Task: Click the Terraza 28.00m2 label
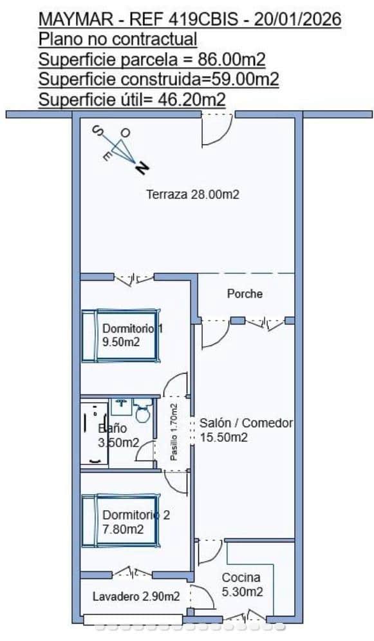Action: tap(192, 194)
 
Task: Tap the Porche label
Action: tap(245, 294)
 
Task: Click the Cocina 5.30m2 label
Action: tap(241, 584)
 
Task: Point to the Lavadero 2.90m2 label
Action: tap(135, 597)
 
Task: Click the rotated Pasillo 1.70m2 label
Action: tap(174, 432)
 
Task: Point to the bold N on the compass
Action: tap(142, 169)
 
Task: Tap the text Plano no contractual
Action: tap(118, 40)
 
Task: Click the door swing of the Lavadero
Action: tap(205, 597)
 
